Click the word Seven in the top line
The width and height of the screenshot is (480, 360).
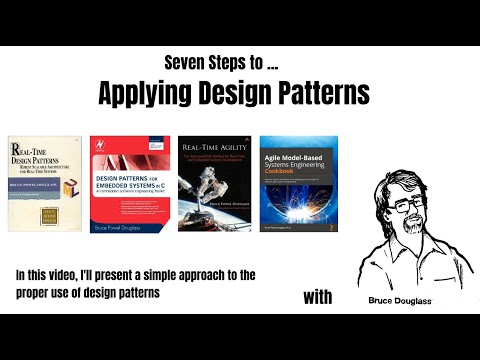[x=185, y=64]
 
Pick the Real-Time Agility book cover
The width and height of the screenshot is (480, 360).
[x=214, y=183]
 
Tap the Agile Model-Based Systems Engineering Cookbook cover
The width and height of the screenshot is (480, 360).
[x=298, y=183]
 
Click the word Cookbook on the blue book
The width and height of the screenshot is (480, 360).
[x=285, y=169]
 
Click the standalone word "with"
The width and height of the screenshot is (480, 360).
[x=319, y=298]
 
